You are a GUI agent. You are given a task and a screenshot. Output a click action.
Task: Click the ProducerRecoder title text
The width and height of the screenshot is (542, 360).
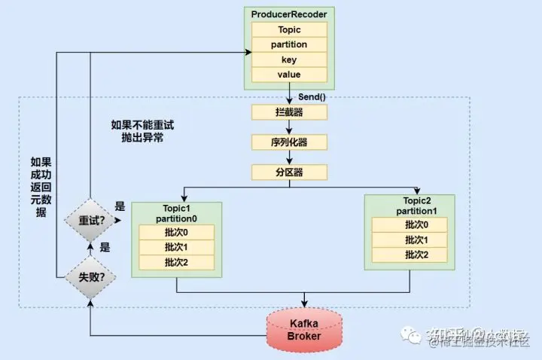point(290,15)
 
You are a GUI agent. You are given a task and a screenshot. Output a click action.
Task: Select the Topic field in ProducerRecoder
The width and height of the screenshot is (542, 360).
point(290,30)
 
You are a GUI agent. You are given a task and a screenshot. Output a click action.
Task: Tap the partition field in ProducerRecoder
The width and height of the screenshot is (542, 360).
point(290,45)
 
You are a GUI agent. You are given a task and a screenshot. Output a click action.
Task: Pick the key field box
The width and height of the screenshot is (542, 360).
point(290,59)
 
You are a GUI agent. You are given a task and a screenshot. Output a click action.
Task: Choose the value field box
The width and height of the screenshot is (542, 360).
point(290,75)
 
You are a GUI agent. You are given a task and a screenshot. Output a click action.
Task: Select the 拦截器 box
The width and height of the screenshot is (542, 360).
point(290,112)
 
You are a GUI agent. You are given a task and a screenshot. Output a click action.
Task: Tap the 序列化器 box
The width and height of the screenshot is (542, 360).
point(290,142)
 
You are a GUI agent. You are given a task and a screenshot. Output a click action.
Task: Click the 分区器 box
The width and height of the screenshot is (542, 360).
point(290,172)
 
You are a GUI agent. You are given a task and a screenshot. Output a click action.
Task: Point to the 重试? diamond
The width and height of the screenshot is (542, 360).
point(90,221)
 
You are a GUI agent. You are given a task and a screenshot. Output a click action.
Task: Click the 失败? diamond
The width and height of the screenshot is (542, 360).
point(90,277)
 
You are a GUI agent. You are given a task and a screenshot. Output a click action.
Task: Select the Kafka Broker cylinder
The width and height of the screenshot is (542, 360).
point(305,329)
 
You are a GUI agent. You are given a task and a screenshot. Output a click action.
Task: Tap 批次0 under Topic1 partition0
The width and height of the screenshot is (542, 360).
point(177,233)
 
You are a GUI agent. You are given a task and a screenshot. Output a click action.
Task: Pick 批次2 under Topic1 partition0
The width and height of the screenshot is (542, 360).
point(177,262)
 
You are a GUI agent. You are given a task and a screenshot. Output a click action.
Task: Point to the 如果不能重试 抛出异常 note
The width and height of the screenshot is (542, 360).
point(147,132)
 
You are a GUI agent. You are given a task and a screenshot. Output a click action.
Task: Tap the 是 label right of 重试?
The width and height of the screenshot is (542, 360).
point(119,206)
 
